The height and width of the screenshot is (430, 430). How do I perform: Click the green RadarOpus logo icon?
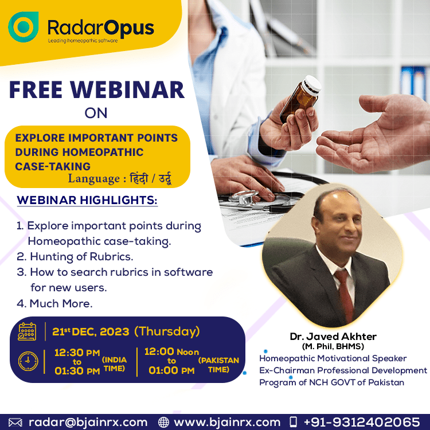pyautogui.click(x=24, y=26)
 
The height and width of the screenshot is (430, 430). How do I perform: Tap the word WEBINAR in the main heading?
pyautogui.click(x=127, y=89)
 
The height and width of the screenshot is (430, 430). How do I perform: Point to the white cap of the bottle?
pyautogui.click(x=312, y=85)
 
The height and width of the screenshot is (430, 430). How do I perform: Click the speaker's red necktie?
pyautogui.click(x=345, y=295)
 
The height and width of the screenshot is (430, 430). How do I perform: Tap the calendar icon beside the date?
pyautogui.click(x=27, y=331)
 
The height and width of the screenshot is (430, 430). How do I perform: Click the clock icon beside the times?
pyautogui.click(x=28, y=361)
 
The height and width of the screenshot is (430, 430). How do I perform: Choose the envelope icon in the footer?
pyautogui.click(x=15, y=423)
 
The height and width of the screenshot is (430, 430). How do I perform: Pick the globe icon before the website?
pyautogui.click(x=163, y=423)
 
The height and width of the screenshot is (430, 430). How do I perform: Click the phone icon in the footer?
pyautogui.click(x=294, y=422)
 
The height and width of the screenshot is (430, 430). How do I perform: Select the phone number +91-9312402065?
pyautogui.click(x=362, y=422)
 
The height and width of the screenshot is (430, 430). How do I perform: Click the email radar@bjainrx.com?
pyautogui.click(x=88, y=423)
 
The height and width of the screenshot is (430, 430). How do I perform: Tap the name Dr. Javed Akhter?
pyautogui.click(x=333, y=337)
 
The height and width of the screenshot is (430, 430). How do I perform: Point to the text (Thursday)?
pyautogui.click(x=167, y=331)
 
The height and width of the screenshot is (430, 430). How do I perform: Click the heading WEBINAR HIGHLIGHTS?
pyautogui.click(x=87, y=200)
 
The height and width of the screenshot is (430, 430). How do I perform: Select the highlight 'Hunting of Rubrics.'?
pyautogui.click(x=81, y=257)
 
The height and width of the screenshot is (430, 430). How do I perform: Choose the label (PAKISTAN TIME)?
pyautogui.click(x=218, y=365)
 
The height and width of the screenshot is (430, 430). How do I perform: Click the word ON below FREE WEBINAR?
pyautogui.click(x=96, y=113)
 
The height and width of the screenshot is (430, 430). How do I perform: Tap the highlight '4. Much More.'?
pyautogui.click(x=54, y=303)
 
